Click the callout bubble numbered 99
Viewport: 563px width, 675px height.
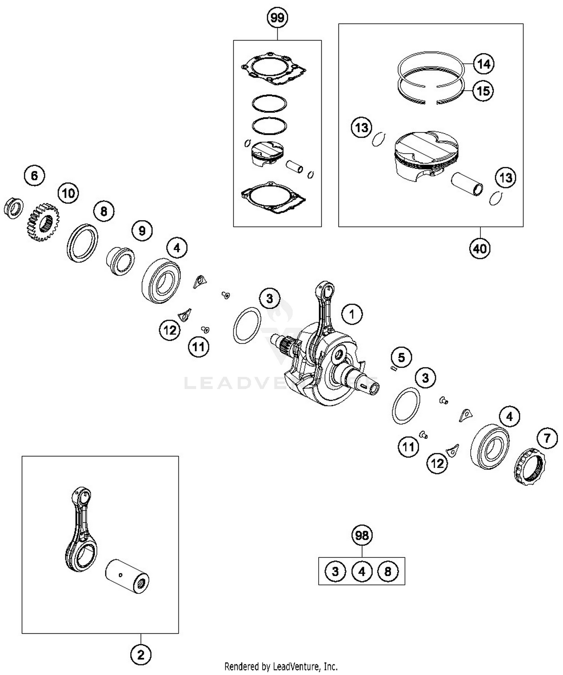pos(277,18)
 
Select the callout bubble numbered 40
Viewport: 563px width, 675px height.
pos(480,248)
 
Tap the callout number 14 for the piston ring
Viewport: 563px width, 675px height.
pos(483,64)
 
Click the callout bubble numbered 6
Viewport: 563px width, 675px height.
pos(34,175)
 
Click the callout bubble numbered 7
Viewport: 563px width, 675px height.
pos(547,438)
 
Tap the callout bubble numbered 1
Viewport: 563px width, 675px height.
pos(352,314)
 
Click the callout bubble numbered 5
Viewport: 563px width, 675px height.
pos(401,357)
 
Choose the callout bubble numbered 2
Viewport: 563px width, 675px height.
pos(141,655)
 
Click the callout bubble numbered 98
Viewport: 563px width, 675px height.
pos(362,535)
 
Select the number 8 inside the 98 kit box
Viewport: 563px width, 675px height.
pos(388,571)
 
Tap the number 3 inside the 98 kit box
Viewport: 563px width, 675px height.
pos(335,571)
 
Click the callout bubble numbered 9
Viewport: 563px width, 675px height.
pos(142,230)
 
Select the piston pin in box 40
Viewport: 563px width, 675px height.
pos(467,184)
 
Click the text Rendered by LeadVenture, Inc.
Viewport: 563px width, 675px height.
pos(281,666)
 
